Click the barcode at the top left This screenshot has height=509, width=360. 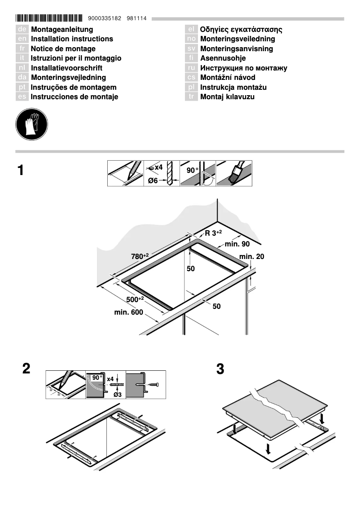click(x=49, y=18)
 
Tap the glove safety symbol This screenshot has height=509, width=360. click(x=31, y=124)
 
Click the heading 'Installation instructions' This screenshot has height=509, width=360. click(x=72, y=39)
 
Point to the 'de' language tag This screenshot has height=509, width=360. click(x=22, y=30)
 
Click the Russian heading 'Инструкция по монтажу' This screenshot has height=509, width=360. click(x=243, y=68)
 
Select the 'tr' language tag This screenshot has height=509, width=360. click(x=191, y=97)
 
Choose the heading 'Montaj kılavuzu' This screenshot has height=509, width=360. click(x=227, y=97)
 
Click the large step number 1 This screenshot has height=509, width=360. click(x=21, y=171)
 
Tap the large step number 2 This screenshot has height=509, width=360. click(x=26, y=369)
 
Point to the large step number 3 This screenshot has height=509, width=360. click(x=220, y=369)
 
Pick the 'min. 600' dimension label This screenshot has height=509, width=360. click(x=129, y=312)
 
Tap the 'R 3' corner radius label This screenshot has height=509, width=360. click(x=214, y=233)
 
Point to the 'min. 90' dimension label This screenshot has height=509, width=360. click(x=237, y=244)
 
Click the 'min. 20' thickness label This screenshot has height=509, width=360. click(x=252, y=256)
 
